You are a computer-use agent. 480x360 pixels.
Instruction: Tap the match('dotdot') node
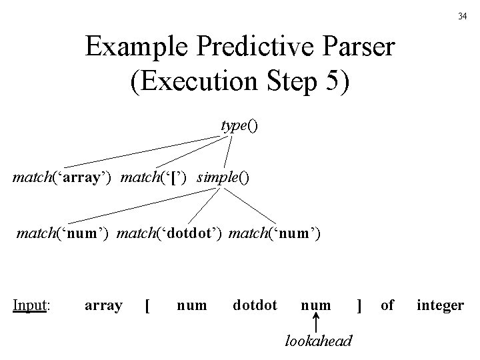(x=172, y=234)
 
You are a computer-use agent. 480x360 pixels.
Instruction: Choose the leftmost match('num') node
(x=64, y=234)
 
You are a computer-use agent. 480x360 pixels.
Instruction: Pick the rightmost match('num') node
(x=275, y=234)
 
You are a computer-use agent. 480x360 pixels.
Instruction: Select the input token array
(x=103, y=305)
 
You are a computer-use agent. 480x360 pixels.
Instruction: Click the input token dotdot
(x=255, y=305)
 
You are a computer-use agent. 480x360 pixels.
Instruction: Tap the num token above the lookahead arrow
(x=316, y=305)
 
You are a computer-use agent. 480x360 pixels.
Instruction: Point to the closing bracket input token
(x=360, y=305)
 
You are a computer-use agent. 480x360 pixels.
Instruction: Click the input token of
(x=387, y=305)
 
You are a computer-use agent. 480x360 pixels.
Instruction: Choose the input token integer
(x=440, y=305)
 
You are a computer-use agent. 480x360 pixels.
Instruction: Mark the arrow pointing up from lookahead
(x=316, y=325)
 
